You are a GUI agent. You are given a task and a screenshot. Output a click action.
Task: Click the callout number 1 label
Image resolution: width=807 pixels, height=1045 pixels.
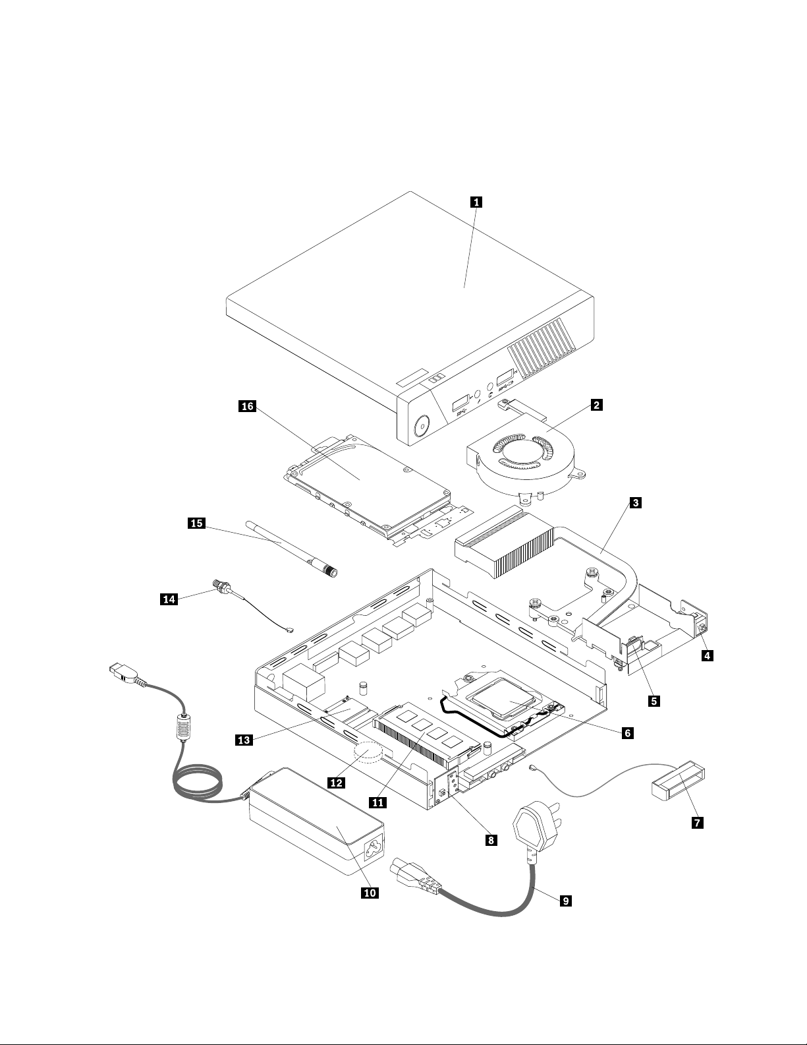(x=476, y=203)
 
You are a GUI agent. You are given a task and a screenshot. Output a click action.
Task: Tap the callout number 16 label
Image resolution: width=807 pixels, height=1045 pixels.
(x=247, y=407)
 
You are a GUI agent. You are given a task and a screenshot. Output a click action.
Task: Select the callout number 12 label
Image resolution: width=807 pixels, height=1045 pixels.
(x=337, y=782)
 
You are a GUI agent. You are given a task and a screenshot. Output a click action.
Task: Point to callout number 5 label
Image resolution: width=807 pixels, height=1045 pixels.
(x=653, y=701)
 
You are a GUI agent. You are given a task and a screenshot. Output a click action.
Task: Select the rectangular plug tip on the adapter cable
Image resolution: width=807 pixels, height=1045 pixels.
(x=123, y=672)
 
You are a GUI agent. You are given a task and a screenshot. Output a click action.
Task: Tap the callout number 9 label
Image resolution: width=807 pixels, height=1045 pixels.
(x=565, y=900)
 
